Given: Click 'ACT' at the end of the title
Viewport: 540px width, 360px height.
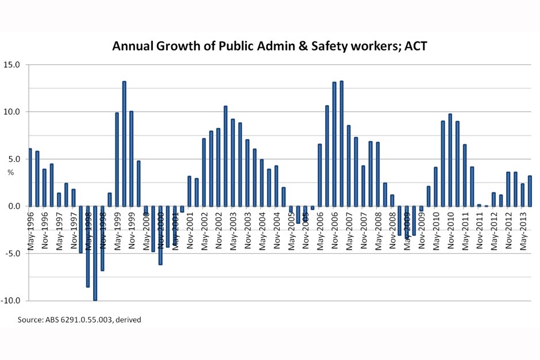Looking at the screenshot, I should point(415,47).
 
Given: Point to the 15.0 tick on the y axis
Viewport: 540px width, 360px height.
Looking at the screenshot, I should point(12,64).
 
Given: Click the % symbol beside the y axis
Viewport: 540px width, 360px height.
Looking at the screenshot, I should point(10,172).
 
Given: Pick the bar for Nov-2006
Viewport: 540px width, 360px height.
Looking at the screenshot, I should point(334,144).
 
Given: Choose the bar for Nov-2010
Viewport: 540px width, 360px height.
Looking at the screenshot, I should point(450,160).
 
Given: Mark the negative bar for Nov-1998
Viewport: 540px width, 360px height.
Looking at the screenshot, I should point(103,238).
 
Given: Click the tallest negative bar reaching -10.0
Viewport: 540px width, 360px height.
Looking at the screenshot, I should point(95,253).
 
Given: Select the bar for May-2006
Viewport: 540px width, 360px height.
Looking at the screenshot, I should point(320,175).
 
